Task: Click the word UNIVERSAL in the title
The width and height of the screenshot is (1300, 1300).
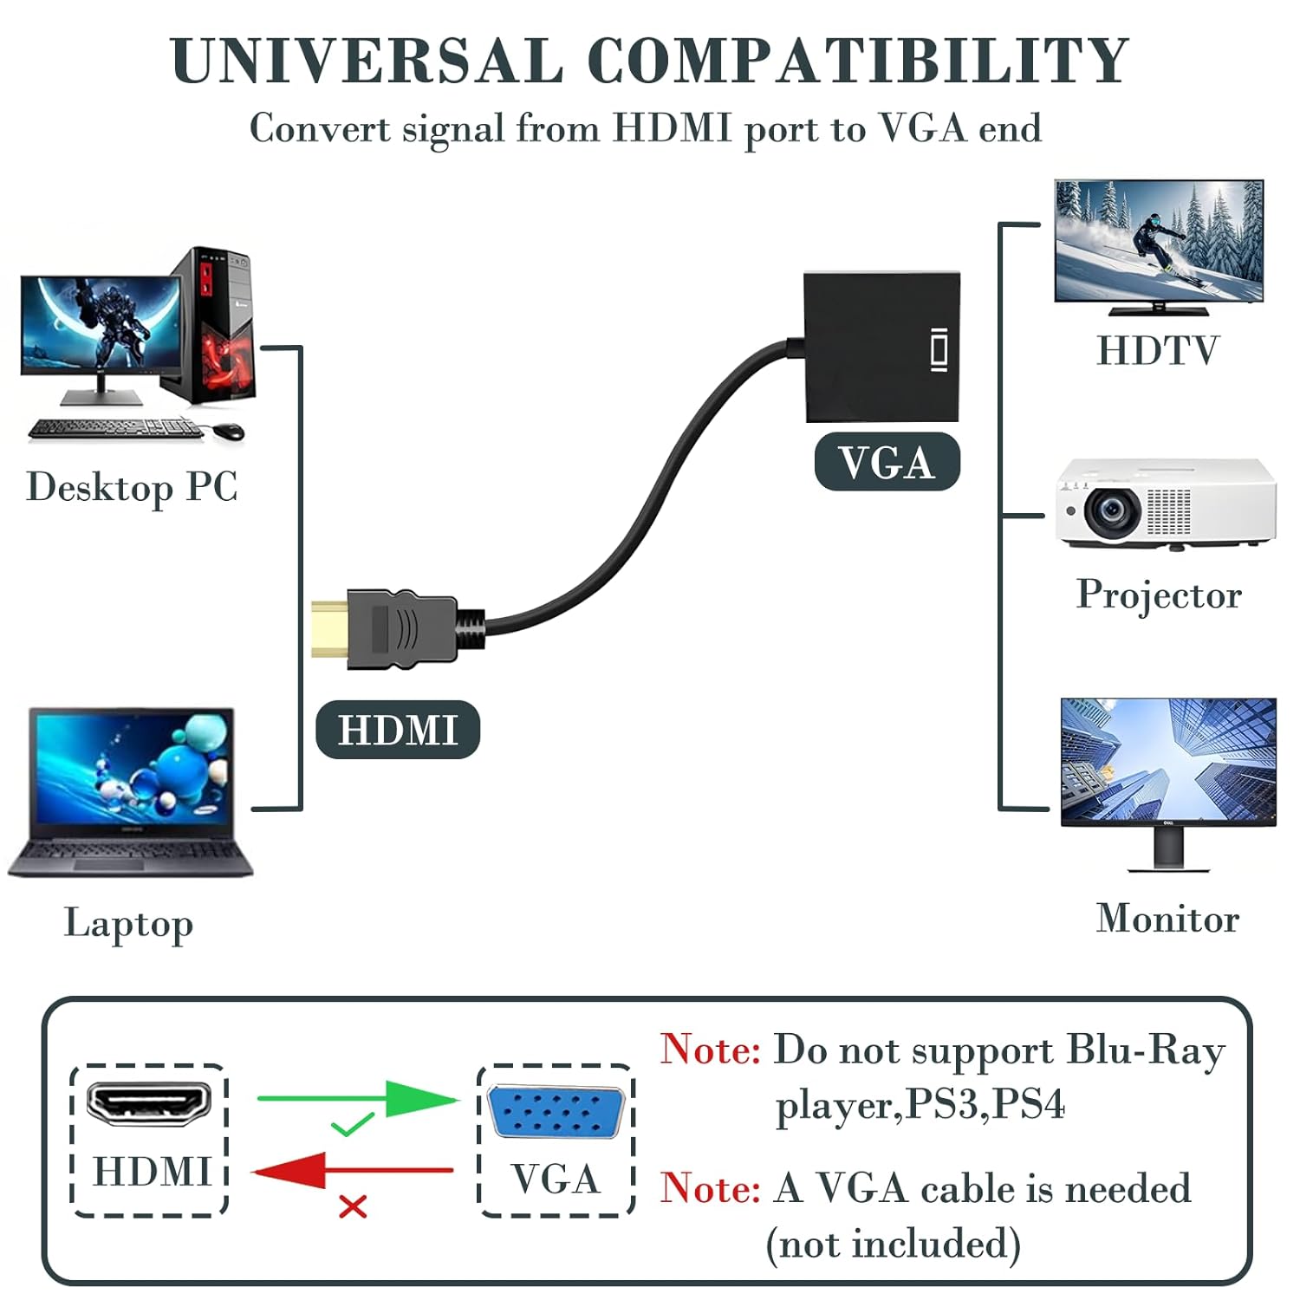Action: tap(367, 61)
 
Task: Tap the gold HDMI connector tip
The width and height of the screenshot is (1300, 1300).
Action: tap(329, 627)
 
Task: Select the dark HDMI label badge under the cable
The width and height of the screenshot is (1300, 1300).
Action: tap(398, 730)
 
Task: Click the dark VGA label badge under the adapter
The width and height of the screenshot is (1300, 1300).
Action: tap(887, 462)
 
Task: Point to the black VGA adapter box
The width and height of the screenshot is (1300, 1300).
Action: tap(882, 347)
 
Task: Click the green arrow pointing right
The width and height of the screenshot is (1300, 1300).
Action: tap(359, 1099)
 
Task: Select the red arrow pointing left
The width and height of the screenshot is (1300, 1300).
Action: tap(353, 1171)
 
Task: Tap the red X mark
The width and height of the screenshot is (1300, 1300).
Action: tap(353, 1206)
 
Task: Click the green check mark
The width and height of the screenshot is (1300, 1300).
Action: tap(352, 1124)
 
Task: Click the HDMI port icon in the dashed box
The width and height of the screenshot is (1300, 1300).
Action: tap(149, 1103)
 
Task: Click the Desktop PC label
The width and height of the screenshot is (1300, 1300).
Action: tap(132, 487)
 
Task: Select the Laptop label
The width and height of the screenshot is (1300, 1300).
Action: tap(128, 925)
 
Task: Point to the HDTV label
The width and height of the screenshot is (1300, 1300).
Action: tap(1158, 351)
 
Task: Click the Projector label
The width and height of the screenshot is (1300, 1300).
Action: tap(1159, 595)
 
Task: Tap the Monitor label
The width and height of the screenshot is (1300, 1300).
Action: tap(1167, 919)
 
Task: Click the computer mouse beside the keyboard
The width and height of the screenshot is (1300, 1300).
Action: tap(227, 430)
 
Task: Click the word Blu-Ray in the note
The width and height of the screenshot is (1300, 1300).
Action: tap(1146, 1050)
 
